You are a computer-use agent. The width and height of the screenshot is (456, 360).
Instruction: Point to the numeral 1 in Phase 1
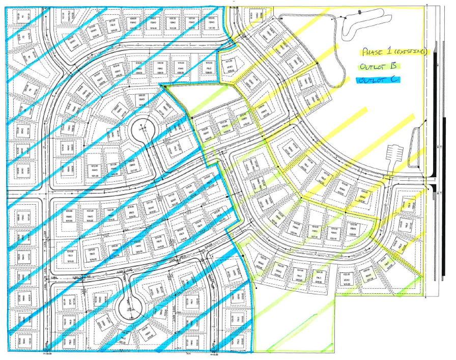pyautogui.click(x=393, y=51)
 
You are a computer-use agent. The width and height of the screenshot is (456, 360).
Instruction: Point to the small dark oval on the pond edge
pyautogui.click(x=359, y=11)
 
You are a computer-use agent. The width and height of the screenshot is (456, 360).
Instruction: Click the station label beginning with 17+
pyautogui.click(x=48, y=353)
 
